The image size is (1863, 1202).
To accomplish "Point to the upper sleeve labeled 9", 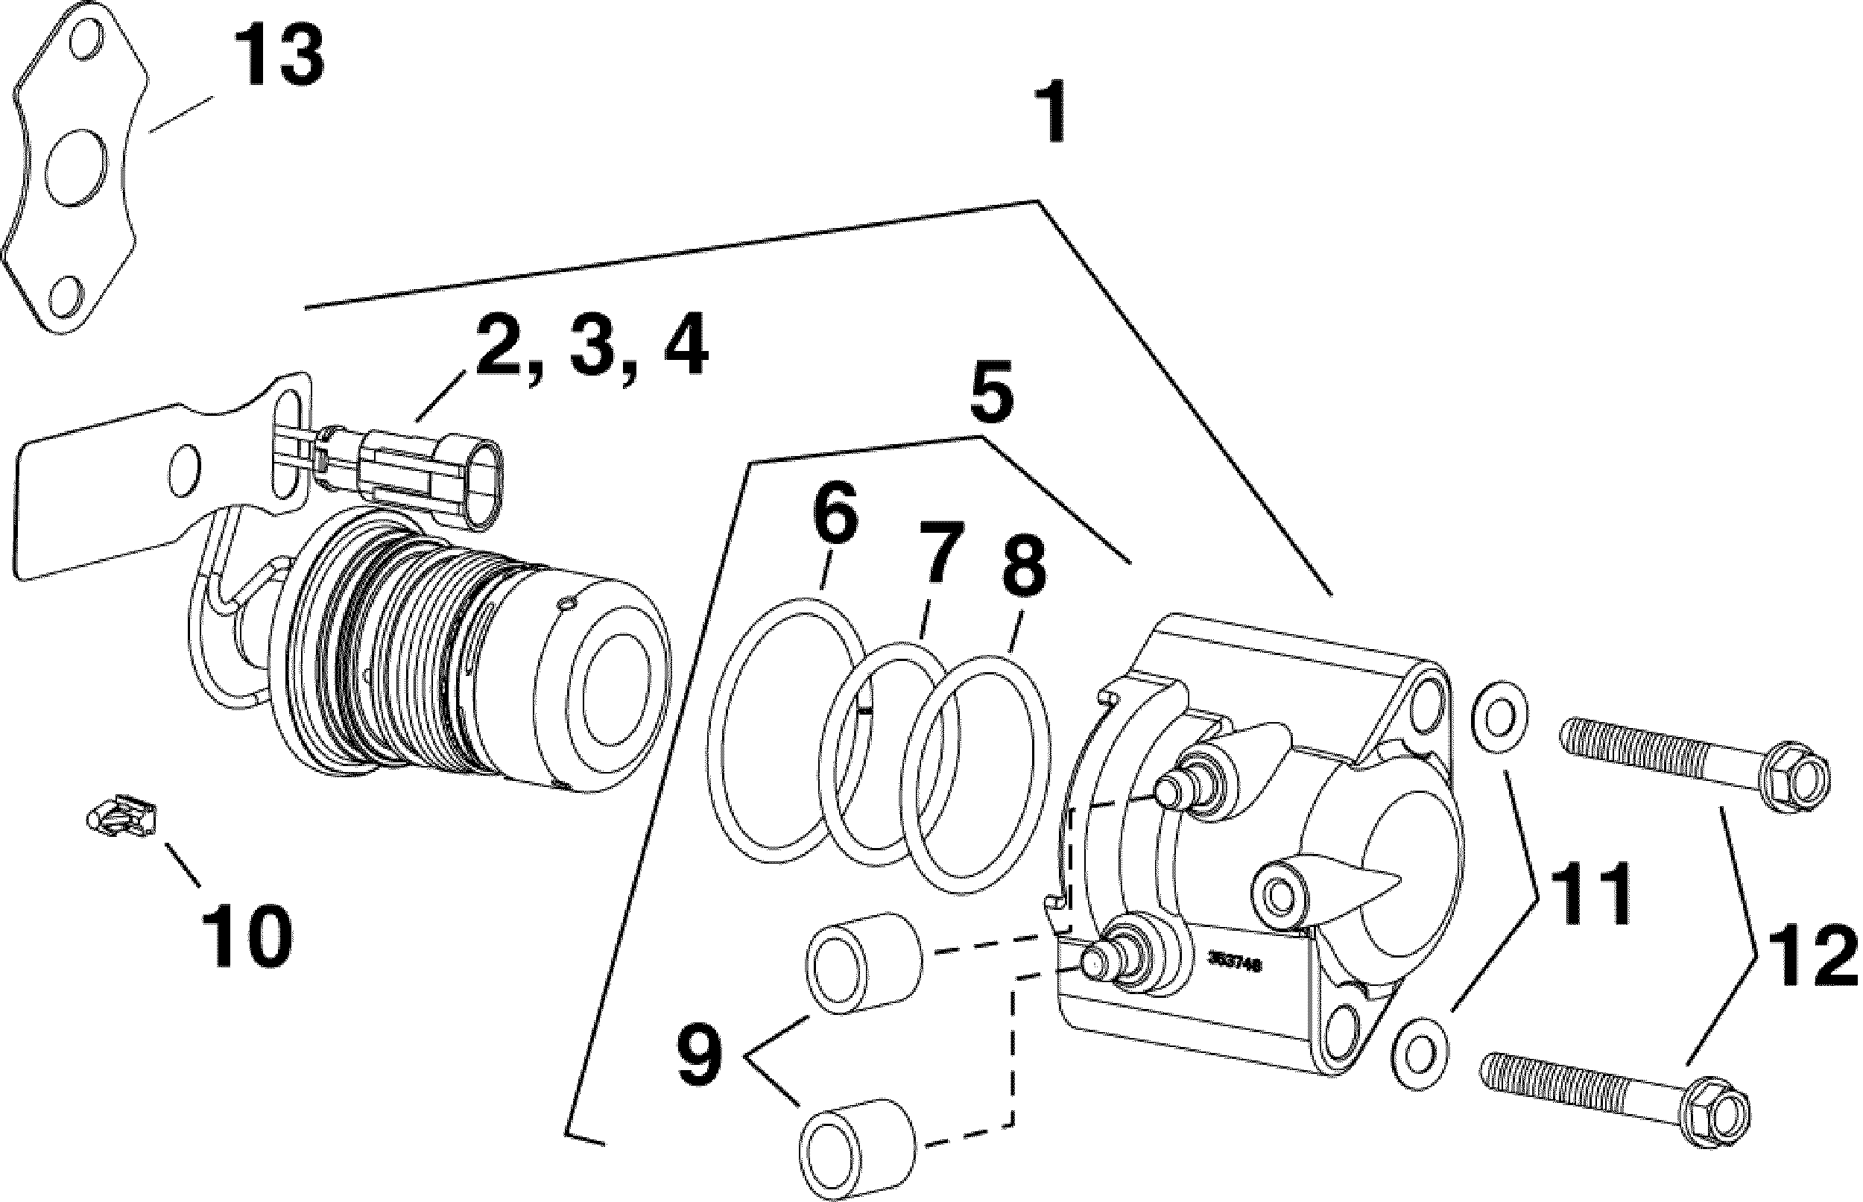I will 864,965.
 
